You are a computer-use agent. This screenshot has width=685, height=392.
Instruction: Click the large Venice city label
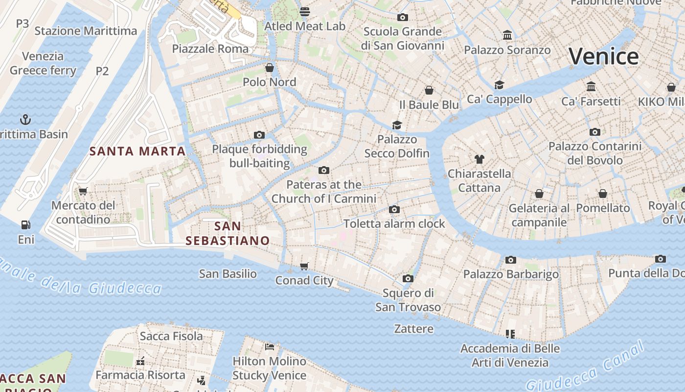(x=603, y=56)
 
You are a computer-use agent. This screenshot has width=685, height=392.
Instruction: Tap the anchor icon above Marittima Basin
(x=25, y=119)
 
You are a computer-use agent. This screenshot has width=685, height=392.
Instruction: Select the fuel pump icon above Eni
(x=25, y=225)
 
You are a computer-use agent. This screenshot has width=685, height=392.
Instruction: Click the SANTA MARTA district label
(x=137, y=151)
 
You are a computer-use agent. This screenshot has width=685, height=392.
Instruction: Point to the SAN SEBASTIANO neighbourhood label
(x=228, y=233)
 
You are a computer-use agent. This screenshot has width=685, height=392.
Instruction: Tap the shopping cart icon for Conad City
(x=304, y=266)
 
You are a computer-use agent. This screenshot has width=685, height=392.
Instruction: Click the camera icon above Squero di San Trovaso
(x=408, y=278)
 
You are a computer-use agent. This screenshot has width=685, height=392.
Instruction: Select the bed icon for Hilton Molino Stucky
(x=269, y=347)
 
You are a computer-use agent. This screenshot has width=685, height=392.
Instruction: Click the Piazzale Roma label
(x=210, y=49)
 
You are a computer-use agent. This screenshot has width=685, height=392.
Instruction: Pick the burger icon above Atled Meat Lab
(x=305, y=11)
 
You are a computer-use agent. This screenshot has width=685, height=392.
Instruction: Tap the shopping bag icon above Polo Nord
(x=269, y=67)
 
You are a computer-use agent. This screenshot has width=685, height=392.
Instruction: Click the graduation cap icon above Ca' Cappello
(x=499, y=85)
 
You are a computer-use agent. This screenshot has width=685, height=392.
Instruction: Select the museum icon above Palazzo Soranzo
(x=507, y=35)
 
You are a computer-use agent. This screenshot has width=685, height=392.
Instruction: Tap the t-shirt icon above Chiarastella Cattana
(x=479, y=159)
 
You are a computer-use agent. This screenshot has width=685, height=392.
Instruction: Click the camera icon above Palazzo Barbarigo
(x=511, y=260)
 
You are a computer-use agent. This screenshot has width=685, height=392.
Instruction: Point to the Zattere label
(x=414, y=328)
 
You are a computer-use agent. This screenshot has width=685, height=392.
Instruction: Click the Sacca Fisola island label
(x=171, y=336)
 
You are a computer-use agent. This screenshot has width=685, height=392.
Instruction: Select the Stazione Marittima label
(x=86, y=31)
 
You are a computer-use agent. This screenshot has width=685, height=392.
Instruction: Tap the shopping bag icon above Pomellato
(x=603, y=194)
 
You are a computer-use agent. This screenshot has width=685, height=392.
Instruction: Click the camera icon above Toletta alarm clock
(x=394, y=210)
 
